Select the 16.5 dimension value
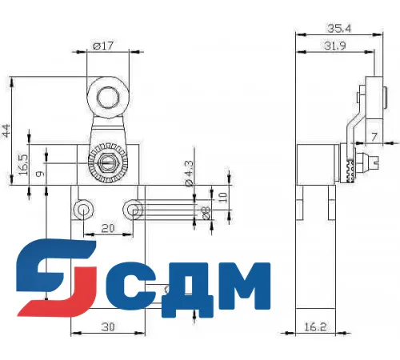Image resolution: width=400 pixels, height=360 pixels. click(24, 165)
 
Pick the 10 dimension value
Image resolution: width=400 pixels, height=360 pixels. click(223, 195)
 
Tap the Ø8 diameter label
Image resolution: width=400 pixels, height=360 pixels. click(205, 214)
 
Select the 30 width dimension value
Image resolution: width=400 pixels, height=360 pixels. click(108, 326)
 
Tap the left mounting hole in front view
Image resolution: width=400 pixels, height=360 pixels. click(82, 210)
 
